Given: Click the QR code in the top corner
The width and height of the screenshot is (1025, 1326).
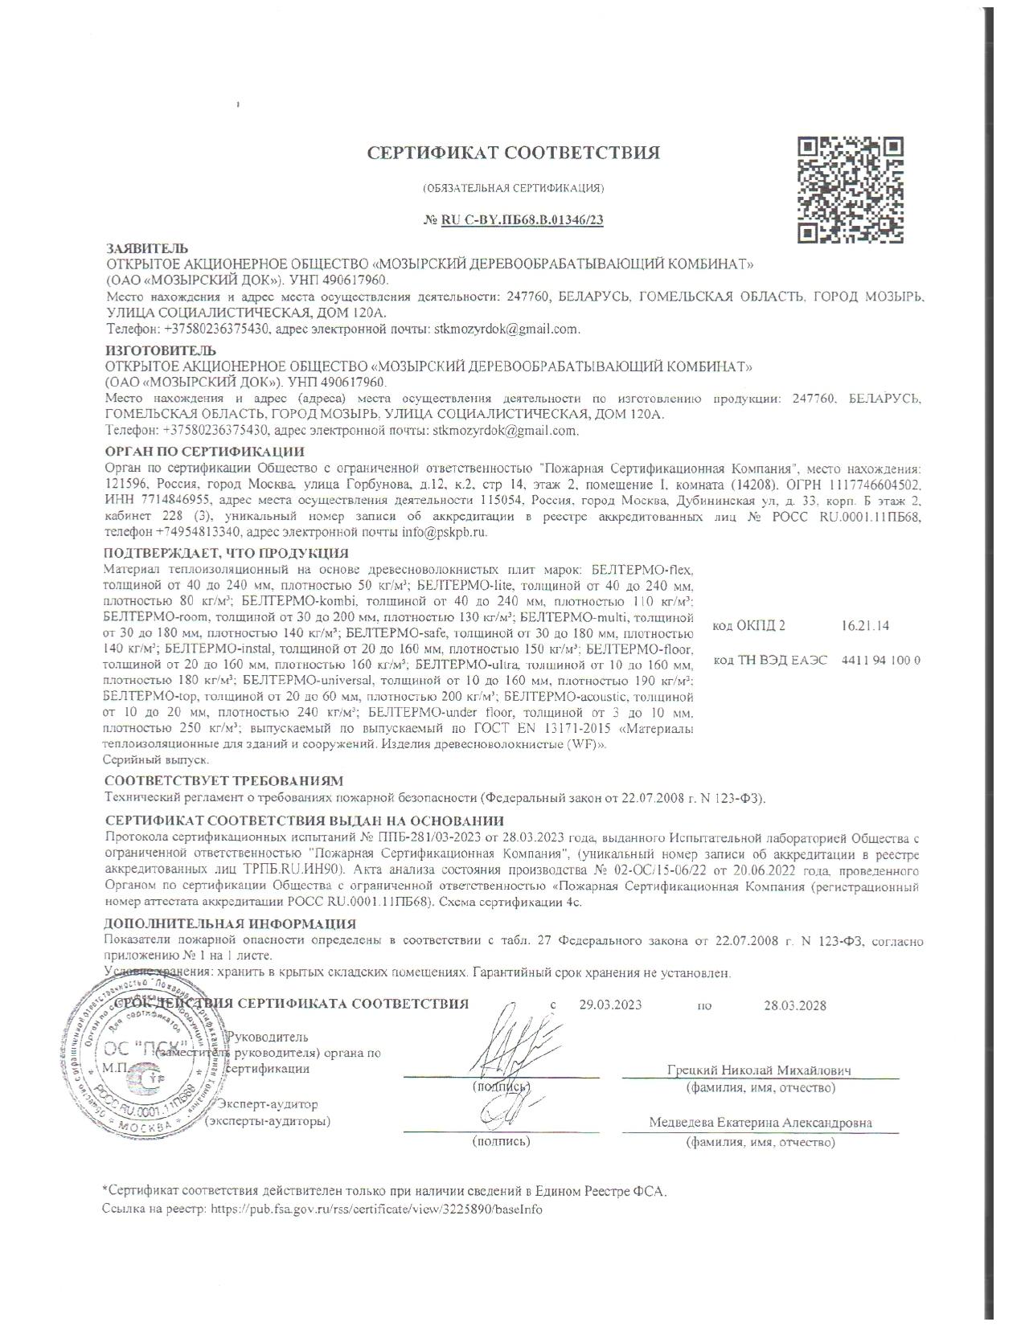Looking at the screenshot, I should (x=850, y=190).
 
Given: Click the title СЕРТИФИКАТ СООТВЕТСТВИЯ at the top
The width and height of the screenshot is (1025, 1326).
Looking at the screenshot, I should (x=514, y=153).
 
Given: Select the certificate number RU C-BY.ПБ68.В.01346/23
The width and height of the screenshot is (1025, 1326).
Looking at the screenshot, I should (x=522, y=220).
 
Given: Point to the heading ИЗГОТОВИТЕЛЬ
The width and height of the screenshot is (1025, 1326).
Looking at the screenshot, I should (x=161, y=350).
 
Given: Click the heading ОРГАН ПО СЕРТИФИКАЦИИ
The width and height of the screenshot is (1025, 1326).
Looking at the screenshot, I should (x=205, y=452).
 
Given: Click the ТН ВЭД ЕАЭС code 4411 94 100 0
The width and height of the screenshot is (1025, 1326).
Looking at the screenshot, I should (x=880, y=660).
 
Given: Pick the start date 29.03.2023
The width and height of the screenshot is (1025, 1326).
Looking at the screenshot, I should (x=610, y=1005).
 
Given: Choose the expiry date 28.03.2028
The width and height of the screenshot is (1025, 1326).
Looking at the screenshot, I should (x=794, y=1005).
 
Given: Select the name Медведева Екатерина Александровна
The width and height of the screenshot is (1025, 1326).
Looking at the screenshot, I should (x=760, y=1123).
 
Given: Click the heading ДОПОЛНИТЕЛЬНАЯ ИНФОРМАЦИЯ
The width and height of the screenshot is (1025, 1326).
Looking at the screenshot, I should (x=230, y=924).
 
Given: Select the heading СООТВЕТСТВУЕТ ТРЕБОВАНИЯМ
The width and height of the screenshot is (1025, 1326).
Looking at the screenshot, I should (x=223, y=780).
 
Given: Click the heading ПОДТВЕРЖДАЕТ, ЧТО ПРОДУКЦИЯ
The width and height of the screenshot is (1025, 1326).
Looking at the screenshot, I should (x=226, y=553).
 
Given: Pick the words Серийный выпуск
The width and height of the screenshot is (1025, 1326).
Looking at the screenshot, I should (x=156, y=759).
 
